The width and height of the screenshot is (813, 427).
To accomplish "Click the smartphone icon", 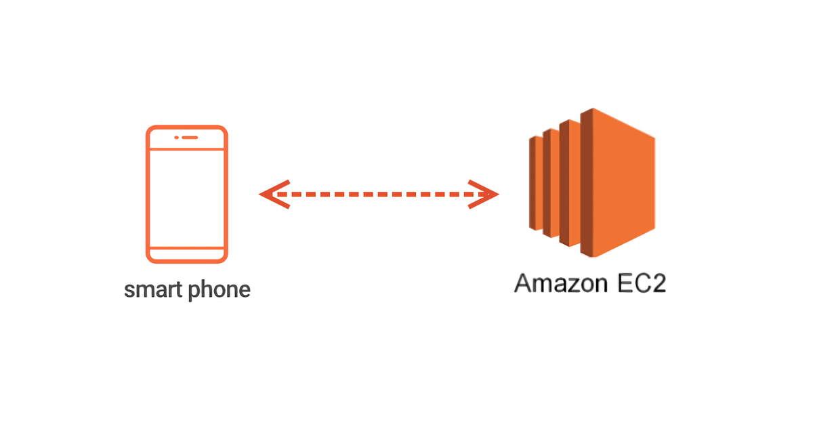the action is [x=187, y=195].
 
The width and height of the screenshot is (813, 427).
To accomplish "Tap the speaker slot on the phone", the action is [x=190, y=138].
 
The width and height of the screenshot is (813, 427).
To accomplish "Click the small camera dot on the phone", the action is [x=176, y=138].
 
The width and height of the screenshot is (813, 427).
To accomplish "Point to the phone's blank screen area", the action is [x=187, y=199].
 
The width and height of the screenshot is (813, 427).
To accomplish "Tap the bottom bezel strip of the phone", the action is [x=187, y=255].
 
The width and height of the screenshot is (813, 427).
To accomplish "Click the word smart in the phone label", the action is [x=153, y=290].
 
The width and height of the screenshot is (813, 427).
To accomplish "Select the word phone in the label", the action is [x=220, y=291].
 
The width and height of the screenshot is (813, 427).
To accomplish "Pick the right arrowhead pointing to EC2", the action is [x=484, y=195].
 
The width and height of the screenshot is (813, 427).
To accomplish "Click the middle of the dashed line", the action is [x=379, y=195].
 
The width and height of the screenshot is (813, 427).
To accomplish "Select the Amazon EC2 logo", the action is [x=592, y=182].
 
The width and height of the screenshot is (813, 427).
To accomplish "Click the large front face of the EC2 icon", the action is [x=624, y=182].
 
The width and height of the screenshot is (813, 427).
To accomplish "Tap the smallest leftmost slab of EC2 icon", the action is [x=536, y=184].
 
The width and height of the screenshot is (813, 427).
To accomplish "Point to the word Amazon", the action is [x=561, y=283].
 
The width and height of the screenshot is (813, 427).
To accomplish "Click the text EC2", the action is [x=642, y=283].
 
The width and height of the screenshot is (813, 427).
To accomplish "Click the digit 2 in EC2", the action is [x=658, y=283].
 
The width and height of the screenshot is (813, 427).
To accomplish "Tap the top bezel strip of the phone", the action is [x=187, y=138].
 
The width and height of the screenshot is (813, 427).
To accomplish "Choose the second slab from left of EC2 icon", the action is [x=551, y=184].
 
